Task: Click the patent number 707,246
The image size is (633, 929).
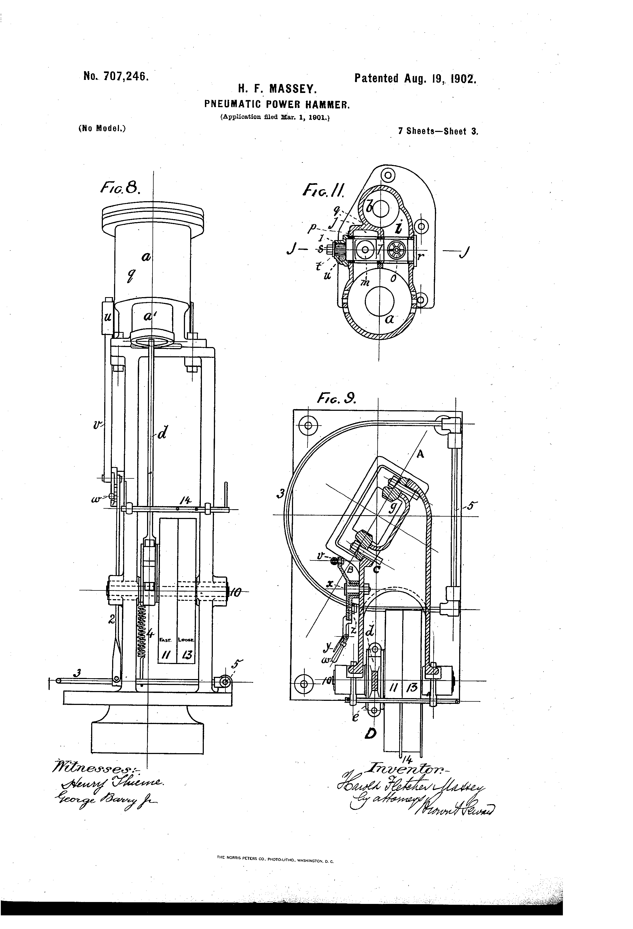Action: click(126, 76)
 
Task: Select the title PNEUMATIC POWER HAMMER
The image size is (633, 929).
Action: click(277, 104)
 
